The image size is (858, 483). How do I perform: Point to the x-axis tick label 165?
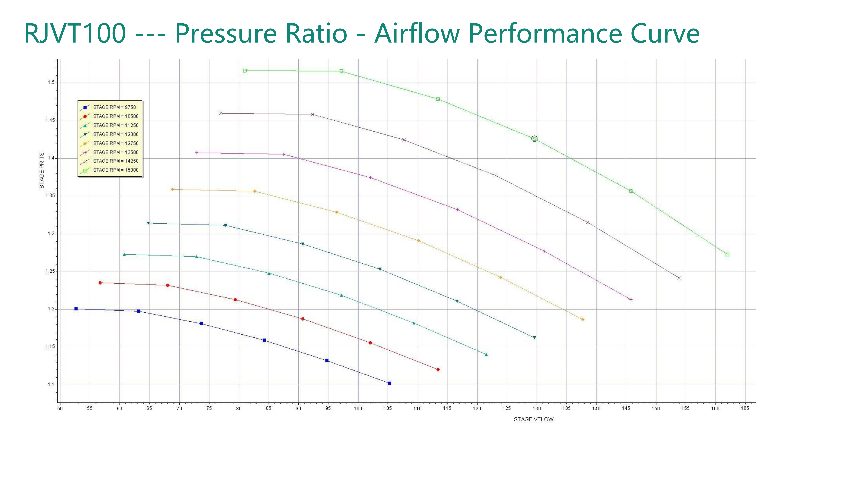coord(745,408)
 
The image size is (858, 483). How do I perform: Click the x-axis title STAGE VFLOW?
coord(533,419)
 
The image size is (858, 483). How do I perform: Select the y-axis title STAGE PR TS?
coord(42,170)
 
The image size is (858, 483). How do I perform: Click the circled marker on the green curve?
coord(534,139)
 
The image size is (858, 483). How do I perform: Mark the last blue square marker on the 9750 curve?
coord(389,383)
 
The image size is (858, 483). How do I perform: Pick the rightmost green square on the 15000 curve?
coord(727,255)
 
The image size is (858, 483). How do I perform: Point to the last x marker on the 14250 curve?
coord(679,278)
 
